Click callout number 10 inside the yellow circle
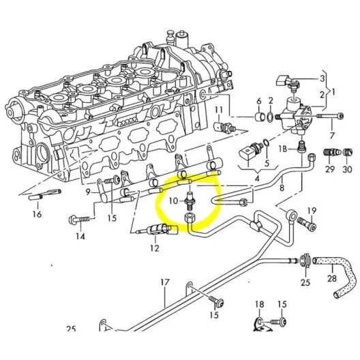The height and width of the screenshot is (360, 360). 173,201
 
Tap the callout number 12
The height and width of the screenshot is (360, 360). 155,248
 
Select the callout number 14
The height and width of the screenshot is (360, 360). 80,237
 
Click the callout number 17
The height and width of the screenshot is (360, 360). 164,282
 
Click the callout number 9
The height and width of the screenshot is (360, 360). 88,193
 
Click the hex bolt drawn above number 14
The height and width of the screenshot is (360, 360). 74,221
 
